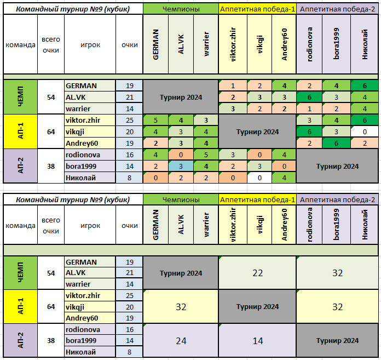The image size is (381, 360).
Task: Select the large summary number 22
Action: pos(257,273)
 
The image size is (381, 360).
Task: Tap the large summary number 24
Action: pos(181,340)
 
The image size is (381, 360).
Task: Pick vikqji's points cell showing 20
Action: pos(130,132)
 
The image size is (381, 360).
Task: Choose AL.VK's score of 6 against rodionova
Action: pos(310,97)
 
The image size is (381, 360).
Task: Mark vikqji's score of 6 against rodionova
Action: pos(310,132)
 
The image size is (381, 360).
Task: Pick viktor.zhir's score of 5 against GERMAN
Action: pos(155,121)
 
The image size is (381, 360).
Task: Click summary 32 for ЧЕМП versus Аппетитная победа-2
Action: pos(338,273)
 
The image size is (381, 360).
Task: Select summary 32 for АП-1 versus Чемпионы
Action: pos(181,307)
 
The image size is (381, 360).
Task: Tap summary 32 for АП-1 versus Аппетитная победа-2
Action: pos(338,307)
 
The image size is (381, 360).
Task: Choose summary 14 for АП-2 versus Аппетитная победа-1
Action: pos(257,340)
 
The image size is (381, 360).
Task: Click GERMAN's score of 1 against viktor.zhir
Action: pos(233,86)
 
